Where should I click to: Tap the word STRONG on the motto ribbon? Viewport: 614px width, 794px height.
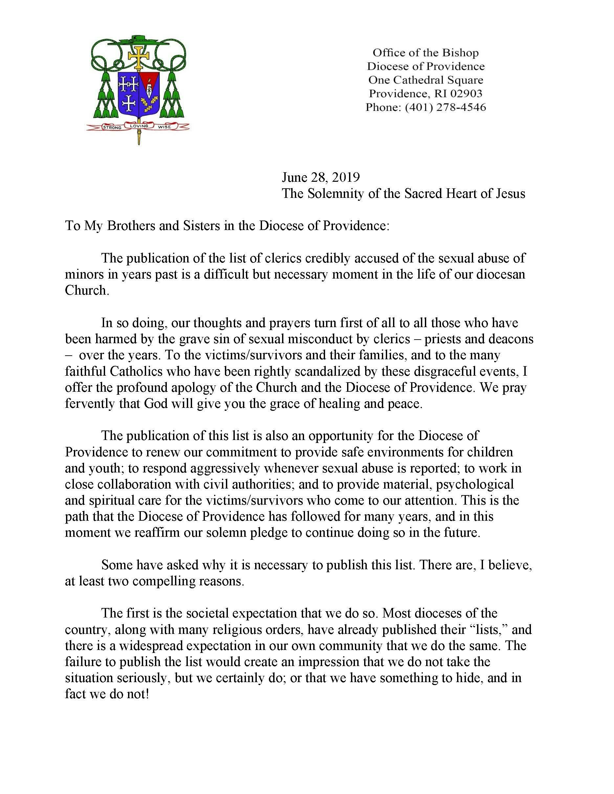point(112,128)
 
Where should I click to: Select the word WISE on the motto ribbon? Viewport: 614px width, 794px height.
point(164,127)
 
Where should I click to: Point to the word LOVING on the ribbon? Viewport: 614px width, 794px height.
point(139,126)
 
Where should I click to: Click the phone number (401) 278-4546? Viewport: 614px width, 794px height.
point(446,107)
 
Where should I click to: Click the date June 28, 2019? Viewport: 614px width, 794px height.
point(321,177)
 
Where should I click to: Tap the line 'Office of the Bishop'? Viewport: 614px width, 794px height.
point(426,53)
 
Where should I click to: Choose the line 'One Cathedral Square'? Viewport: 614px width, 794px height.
point(426,80)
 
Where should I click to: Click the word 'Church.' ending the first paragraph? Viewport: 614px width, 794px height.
point(87,290)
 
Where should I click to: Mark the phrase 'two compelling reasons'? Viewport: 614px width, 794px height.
point(188,581)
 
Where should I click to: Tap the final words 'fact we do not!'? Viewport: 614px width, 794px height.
point(107,694)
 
